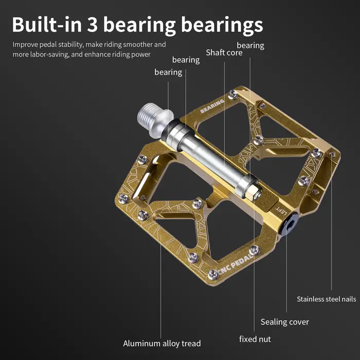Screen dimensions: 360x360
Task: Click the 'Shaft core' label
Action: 224,52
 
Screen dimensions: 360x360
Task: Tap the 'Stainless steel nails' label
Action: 326,299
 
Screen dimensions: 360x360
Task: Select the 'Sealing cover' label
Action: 285,322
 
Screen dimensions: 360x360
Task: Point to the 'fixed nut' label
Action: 255,339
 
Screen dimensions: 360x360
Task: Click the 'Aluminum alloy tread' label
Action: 162,344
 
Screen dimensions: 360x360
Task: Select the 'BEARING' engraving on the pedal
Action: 212,106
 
